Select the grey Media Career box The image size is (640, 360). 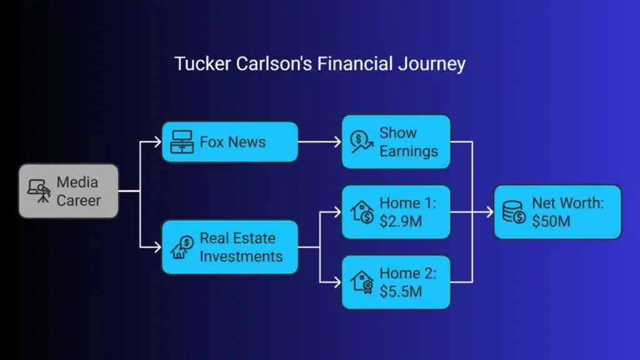[x=68, y=191]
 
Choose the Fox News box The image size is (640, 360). [x=229, y=142]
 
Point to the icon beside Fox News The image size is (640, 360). [x=182, y=142]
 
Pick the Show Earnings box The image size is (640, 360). [x=396, y=142]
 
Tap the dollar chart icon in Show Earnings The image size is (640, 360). [x=362, y=142]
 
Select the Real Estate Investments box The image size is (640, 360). [x=229, y=247]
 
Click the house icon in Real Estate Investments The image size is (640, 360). [x=182, y=247]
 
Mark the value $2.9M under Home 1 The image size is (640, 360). [x=400, y=221]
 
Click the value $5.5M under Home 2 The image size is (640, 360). [x=401, y=291]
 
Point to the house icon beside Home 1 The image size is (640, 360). [x=362, y=212]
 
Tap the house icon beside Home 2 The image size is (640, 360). [x=362, y=282]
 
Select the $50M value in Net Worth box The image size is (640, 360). [x=551, y=221]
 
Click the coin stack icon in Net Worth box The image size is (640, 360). [x=514, y=212]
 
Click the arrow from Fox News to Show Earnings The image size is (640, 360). [x=319, y=142]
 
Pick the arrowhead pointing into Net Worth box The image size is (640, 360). [x=489, y=212]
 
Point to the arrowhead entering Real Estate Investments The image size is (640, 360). [x=157, y=247]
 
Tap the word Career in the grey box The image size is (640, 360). [x=78, y=201]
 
